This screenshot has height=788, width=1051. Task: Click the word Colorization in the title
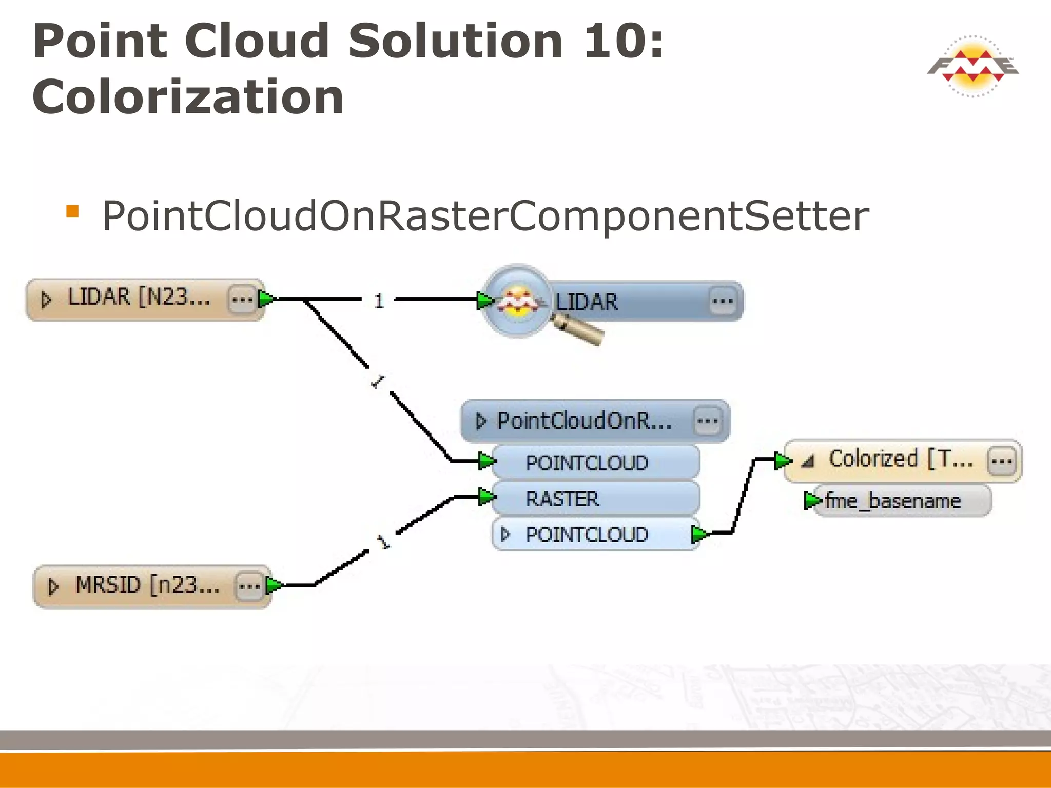click(188, 97)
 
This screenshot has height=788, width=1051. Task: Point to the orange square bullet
click(72, 211)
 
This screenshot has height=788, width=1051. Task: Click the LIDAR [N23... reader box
click(139, 299)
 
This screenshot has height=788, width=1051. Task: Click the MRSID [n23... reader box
click(146, 586)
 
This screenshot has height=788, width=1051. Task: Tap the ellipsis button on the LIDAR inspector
click(723, 301)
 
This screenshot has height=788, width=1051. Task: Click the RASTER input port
click(595, 499)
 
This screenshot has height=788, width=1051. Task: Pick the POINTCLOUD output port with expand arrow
click(595, 535)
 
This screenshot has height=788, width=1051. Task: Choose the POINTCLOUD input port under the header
click(595, 463)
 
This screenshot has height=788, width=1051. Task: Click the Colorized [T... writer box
click(900, 460)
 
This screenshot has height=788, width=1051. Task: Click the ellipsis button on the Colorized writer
click(1001, 461)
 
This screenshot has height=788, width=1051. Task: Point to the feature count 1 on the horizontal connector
click(379, 301)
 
